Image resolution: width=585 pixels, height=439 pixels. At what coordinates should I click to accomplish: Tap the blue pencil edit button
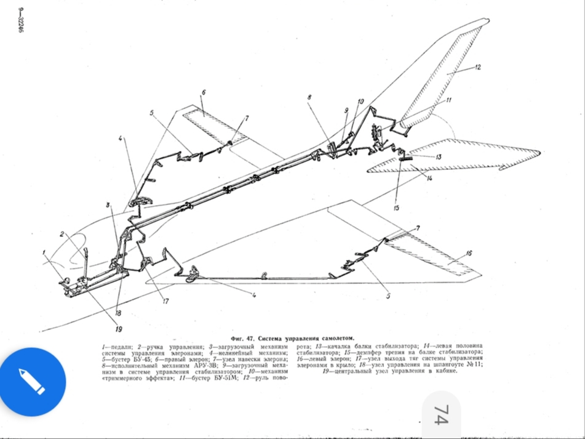[33, 381]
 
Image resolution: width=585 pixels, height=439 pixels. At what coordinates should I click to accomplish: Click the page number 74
[440, 414]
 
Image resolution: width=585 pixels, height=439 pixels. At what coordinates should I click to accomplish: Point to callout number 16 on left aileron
[468, 253]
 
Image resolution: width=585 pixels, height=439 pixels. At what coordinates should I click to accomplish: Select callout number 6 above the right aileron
[202, 92]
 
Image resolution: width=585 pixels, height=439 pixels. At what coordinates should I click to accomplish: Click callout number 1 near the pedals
[44, 252]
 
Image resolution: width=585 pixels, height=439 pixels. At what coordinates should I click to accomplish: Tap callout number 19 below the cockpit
[119, 329]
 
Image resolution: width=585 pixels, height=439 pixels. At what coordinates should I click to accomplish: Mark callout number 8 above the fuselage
[310, 97]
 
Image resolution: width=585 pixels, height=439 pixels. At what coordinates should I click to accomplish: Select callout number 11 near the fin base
[448, 100]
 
